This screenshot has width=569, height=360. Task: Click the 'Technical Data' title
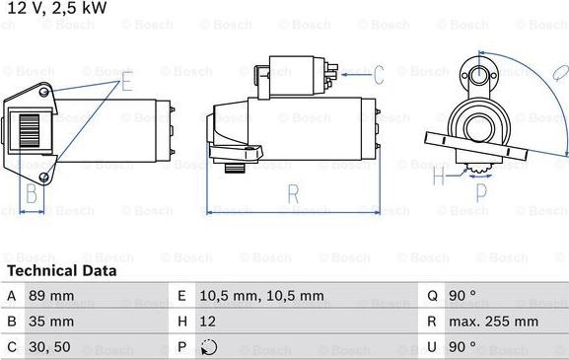tap(61, 270)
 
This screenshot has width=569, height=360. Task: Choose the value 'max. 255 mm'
tap(495, 322)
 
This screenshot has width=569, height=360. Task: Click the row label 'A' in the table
tap(12, 295)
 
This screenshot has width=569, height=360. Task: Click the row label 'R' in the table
tap(432, 322)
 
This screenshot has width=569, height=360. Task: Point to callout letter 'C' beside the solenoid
tap(377, 73)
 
